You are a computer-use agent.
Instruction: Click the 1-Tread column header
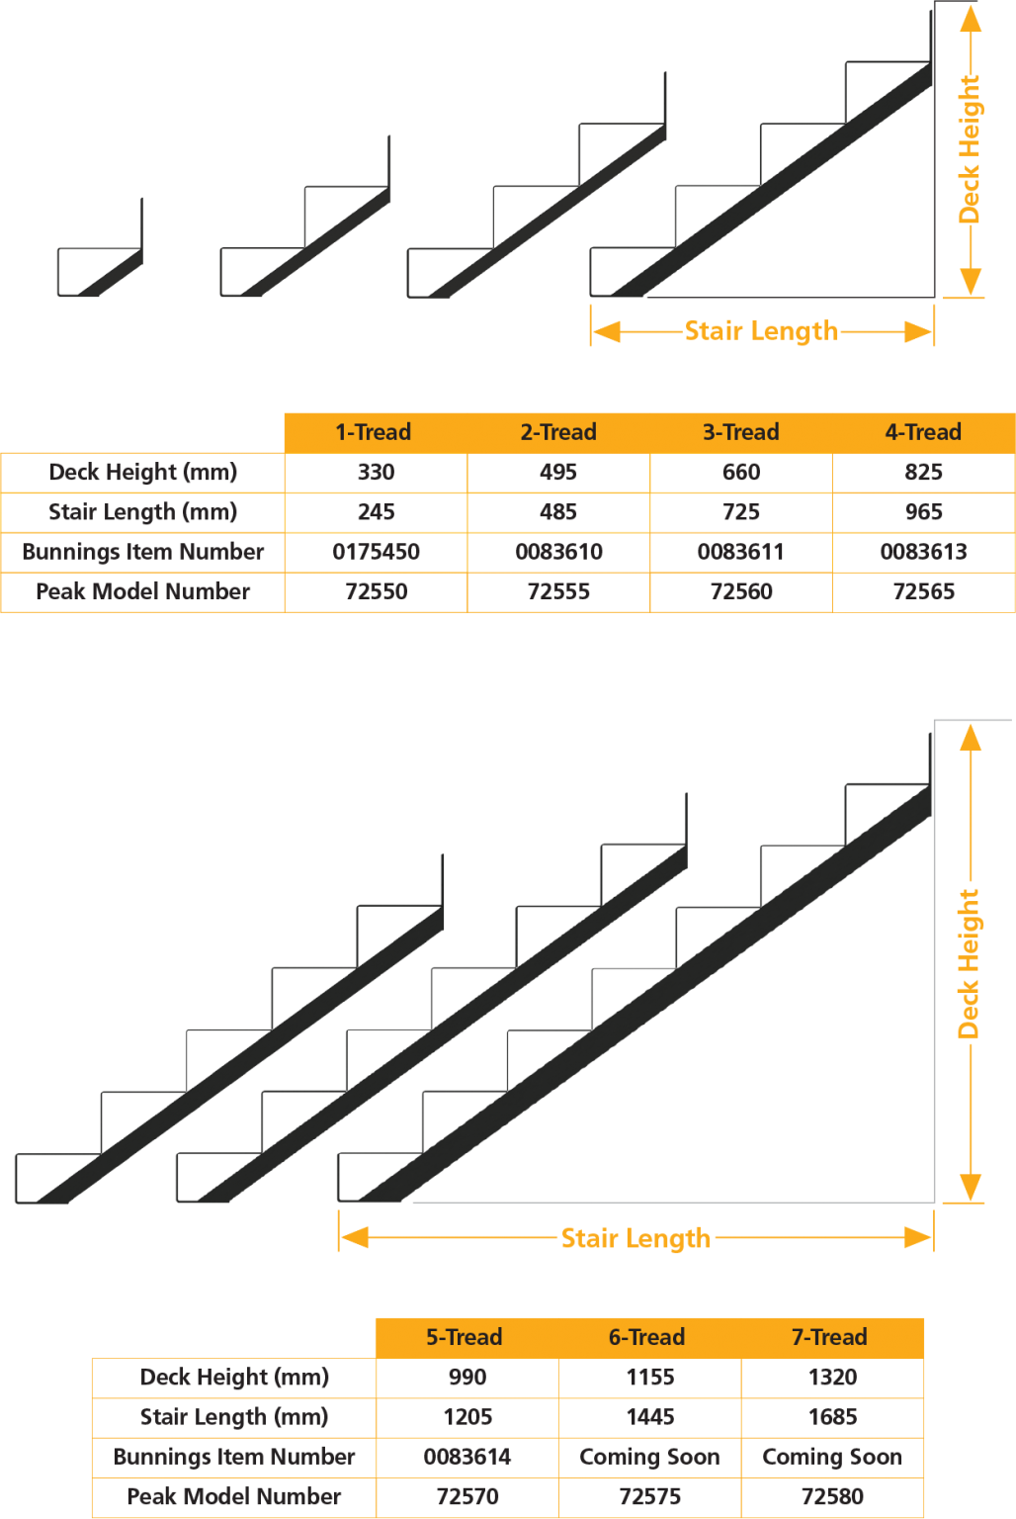(374, 432)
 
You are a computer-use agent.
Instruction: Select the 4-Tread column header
(923, 432)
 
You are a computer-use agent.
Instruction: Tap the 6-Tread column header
(647, 1337)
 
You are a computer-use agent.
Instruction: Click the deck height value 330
(376, 473)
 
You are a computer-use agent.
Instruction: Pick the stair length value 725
(741, 512)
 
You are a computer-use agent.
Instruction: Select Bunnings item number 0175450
(376, 552)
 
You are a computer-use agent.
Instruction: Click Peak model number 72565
(923, 591)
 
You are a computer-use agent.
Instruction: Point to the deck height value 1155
(649, 1377)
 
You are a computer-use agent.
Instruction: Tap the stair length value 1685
(832, 1417)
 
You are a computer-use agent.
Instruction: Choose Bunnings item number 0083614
(466, 1457)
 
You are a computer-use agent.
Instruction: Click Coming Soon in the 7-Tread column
(832, 1457)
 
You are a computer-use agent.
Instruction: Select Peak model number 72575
(649, 1496)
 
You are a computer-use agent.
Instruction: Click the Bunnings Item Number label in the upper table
(143, 552)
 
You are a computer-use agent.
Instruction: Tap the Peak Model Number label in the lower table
(234, 1496)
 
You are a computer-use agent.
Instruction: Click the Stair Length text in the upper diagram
(761, 331)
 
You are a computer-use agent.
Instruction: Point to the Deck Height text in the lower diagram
(970, 963)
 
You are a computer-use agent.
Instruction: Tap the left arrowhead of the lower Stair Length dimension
(354, 1237)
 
